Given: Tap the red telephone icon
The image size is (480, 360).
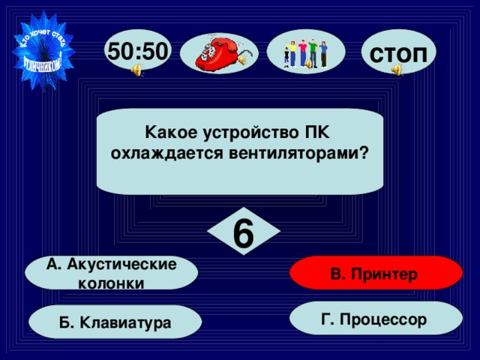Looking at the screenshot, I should click(x=220, y=51).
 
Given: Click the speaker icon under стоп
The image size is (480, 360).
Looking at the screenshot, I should click(x=396, y=70).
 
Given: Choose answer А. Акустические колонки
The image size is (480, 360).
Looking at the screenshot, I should click(x=111, y=273).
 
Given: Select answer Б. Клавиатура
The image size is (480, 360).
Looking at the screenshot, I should click(x=115, y=322).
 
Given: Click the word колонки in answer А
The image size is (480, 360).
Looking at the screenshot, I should click(x=111, y=283).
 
